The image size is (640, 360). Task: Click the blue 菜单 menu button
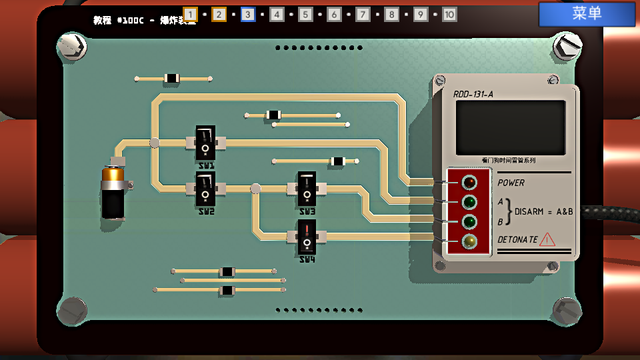click(587, 13)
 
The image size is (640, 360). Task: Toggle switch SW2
click(205, 189)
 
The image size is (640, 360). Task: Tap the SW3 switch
click(307, 189)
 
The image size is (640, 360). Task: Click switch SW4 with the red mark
click(307, 236)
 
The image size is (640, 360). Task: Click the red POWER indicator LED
click(469, 181)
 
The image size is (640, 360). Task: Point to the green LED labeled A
click(469, 201)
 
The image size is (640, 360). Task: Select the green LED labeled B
click(469, 221)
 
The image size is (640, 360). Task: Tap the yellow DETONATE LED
click(469, 241)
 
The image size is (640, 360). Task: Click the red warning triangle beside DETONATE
click(547, 239)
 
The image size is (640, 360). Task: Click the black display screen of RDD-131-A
click(511, 127)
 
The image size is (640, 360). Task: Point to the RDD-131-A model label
click(473, 94)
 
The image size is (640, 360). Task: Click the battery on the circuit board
click(113, 193)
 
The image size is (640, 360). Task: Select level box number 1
click(190, 15)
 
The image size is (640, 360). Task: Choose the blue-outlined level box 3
click(248, 15)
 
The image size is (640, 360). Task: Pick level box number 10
click(449, 15)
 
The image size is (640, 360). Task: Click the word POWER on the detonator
click(511, 183)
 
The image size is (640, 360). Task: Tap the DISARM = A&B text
click(543, 211)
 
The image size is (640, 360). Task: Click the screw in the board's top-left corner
click(72, 46)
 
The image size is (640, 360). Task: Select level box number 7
click(363, 15)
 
